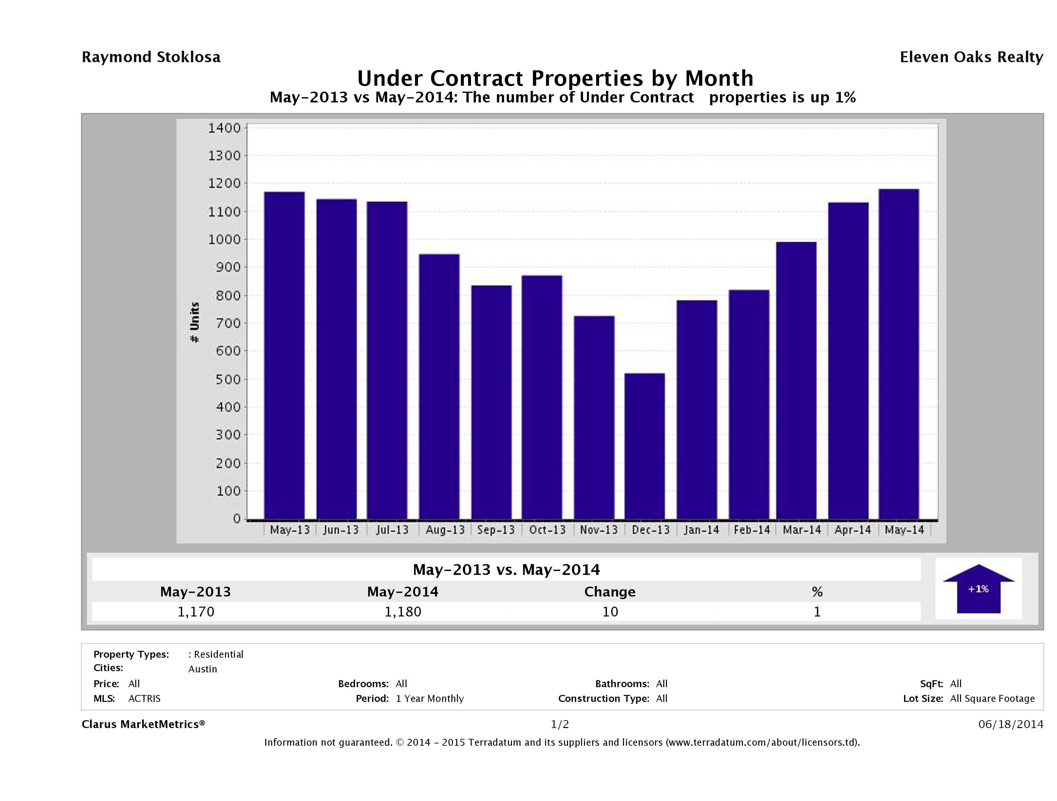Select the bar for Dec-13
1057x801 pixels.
tap(644, 446)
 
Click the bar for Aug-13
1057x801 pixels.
tap(439, 387)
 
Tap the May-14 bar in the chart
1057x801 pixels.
tap(898, 354)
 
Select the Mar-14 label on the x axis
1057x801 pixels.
tap(802, 530)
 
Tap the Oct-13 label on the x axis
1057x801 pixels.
tap(547, 530)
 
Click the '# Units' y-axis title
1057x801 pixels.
tap(195, 322)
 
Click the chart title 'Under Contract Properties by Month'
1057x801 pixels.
tap(555, 78)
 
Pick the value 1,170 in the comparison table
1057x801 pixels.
tap(196, 612)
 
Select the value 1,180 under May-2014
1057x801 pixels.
tap(403, 612)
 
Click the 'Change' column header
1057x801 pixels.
tap(610, 592)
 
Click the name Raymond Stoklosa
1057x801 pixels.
tap(151, 57)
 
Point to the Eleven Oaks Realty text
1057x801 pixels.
tap(971, 57)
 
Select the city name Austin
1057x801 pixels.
tap(203, 669)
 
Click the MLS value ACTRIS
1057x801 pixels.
tap(144, 698)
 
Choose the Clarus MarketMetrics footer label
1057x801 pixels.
tap(143, 724)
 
